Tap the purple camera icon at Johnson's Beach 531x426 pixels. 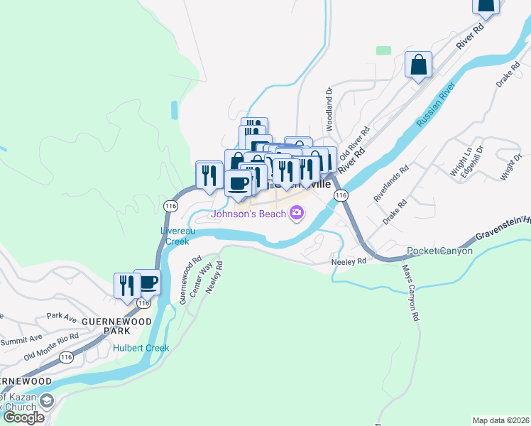pos(297,212)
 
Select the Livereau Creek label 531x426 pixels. pos(174,236)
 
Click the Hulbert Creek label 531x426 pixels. pos(141,348)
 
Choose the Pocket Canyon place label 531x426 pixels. pos(439,251)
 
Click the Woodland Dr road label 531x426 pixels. pos(329,109)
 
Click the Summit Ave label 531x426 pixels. pos(21,341)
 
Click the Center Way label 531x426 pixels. pos(207,275)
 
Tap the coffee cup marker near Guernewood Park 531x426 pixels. pos(147,282)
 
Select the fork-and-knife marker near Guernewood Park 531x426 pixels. pos(127,285)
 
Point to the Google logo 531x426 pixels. pos(23,417)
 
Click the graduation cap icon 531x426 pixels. pos(46,401)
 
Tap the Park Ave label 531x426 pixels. pos(61,315)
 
